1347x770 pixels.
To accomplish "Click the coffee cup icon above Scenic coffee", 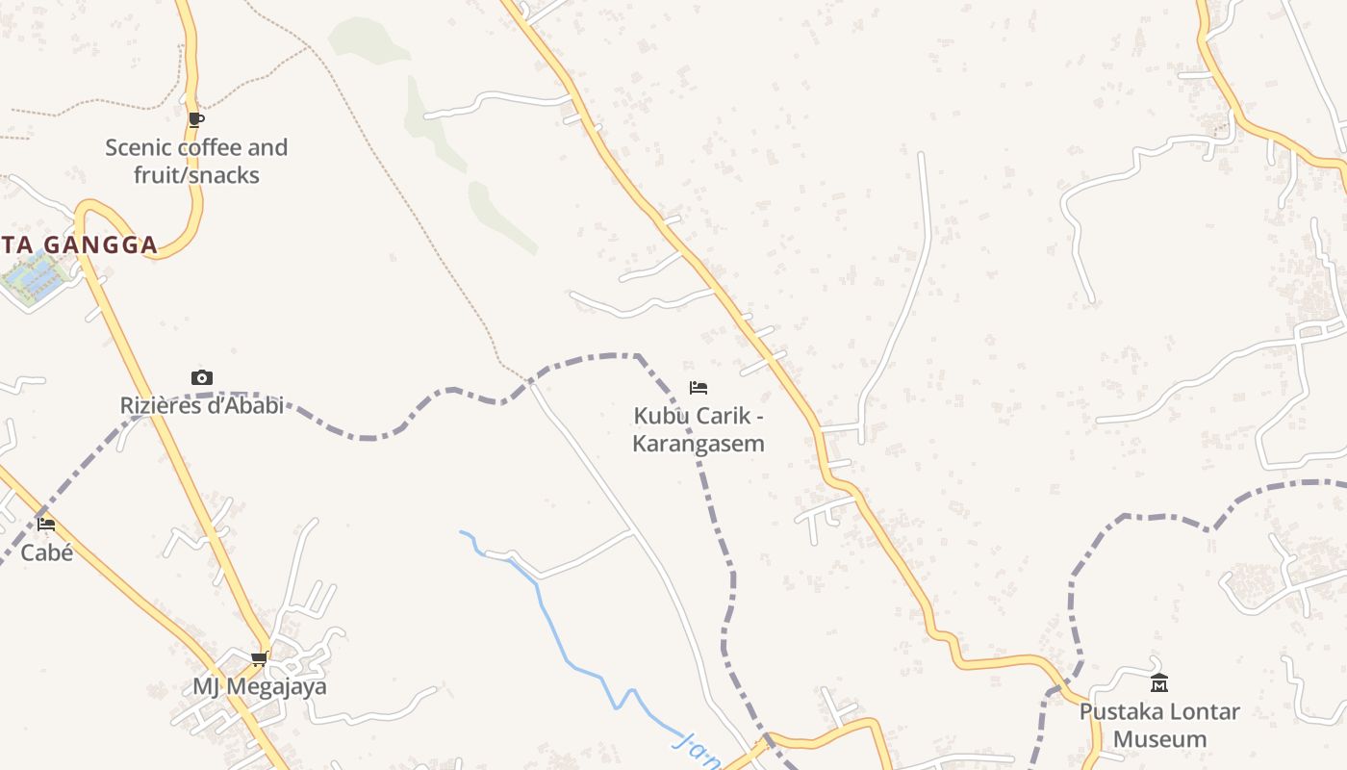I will pos(196,119).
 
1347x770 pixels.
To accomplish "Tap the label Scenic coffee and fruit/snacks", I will pos(196,161).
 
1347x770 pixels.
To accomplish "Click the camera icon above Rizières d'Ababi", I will pos(201,377).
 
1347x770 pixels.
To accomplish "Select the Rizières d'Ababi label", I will pos(201,405).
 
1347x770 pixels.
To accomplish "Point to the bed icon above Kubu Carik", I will pos(699,388).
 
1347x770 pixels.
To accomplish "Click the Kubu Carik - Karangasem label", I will pos(699,429).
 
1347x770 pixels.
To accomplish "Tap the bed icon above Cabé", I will pos(46,525).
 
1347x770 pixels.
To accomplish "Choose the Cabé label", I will pos(46,552).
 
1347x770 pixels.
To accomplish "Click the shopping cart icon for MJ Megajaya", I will pos(259,659).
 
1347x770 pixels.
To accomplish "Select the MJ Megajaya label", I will pos(259,686).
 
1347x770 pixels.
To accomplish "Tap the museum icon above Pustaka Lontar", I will pos(1159,683).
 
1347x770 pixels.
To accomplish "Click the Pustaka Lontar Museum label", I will pos(1159,725).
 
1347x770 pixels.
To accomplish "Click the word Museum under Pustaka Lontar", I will pos(1159,739).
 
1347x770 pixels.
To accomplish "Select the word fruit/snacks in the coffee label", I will pos(196,175).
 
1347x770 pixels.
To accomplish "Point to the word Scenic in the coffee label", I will pos(139,147).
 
